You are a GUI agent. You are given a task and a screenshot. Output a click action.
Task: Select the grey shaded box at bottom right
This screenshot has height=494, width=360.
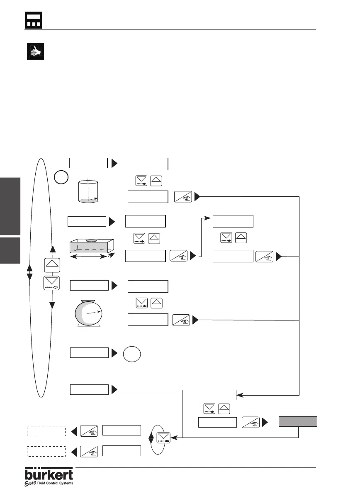298,422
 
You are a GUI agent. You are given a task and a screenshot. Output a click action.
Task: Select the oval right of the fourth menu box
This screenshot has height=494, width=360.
132,355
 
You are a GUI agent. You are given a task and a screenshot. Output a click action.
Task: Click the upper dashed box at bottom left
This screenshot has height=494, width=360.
46,431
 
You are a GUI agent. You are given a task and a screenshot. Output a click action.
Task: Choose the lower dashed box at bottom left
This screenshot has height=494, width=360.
46,451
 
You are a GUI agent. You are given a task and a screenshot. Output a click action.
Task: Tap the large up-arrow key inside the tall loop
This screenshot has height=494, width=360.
52,265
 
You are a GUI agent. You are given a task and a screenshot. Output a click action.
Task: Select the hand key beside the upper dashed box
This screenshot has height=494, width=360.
89,431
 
